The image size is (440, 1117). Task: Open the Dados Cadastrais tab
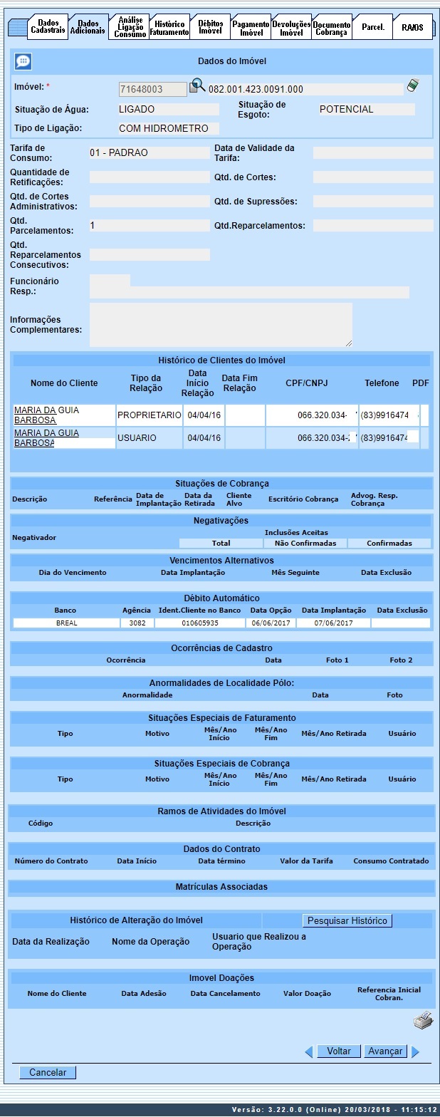coord(48,27)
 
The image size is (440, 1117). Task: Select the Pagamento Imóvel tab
coord(251,28)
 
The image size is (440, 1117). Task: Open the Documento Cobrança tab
coord(331,28)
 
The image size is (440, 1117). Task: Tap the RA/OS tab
coord(412,28)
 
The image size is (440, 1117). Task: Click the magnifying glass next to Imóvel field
coord(197,87)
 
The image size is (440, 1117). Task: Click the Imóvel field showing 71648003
coord(152,89)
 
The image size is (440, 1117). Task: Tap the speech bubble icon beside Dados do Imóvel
coord(23,62)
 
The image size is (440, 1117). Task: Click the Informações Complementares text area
coord(221,324)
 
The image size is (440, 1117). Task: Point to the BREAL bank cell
coord(67,623)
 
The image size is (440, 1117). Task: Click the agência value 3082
coord(136,623)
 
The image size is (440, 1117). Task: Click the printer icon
coord(423,1021)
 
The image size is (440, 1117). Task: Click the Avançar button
coord(385,1051)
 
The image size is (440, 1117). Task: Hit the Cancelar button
coord(48,1072)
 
